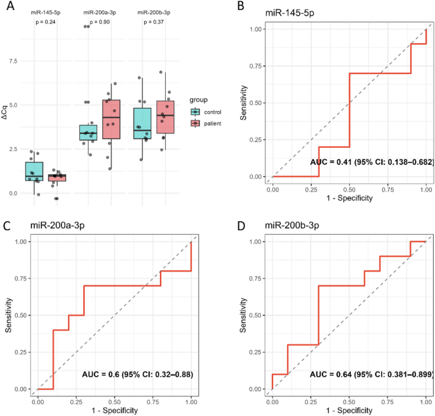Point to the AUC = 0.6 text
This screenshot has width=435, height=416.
pyautogui.click(x=137, y=375)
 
